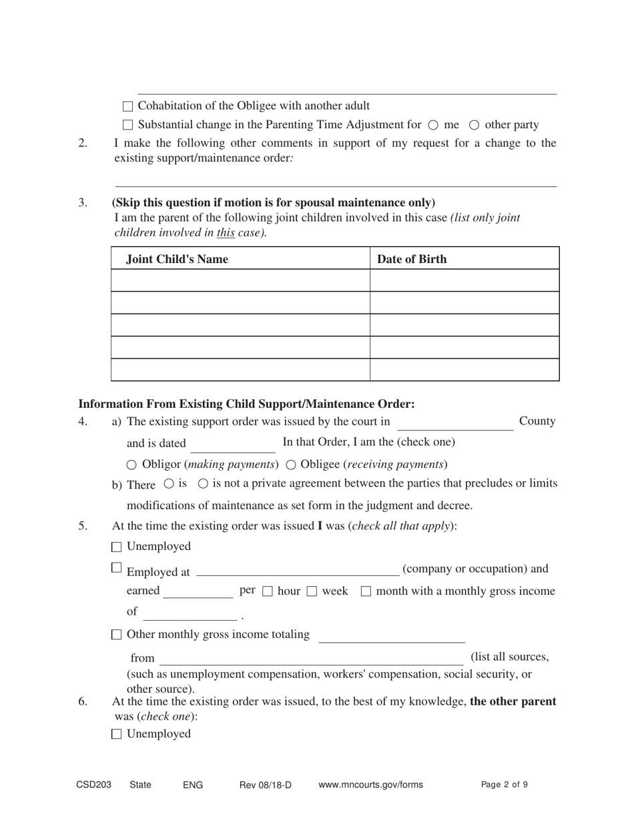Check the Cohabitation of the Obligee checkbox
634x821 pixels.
[x=128, y=106]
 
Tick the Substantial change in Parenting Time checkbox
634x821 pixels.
[x=128, y=125]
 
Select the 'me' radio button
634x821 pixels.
[x=432, y=125]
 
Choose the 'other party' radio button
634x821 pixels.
[x=474, y=125]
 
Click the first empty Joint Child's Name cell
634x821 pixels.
[x=240, y=280]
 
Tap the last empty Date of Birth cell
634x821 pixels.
[x=464, y=370]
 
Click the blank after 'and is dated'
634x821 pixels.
[x=232, y=444]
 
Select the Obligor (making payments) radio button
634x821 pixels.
[x=131, y=465]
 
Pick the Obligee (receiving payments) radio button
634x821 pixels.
[x=291, y=465]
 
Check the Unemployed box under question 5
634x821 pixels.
[x=117, y=547]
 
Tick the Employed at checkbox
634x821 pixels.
[x=117, y=568]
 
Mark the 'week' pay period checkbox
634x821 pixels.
[x=312, y=592]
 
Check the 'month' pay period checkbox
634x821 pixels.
[x=366, y=592]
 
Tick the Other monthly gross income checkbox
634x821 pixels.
[x=117, y=635]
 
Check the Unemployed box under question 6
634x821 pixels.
[x=117, y=734]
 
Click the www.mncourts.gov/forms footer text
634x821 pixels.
[x=370, y=785]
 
